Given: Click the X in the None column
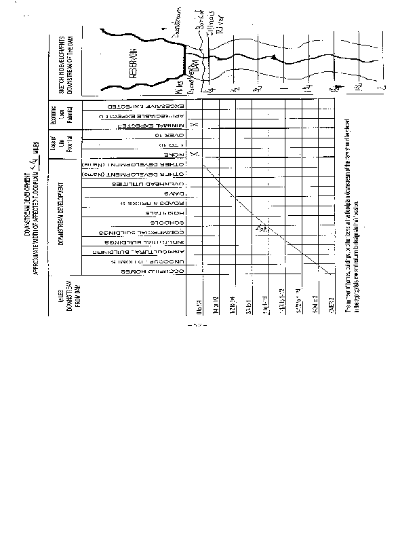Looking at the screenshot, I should point(193,155).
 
